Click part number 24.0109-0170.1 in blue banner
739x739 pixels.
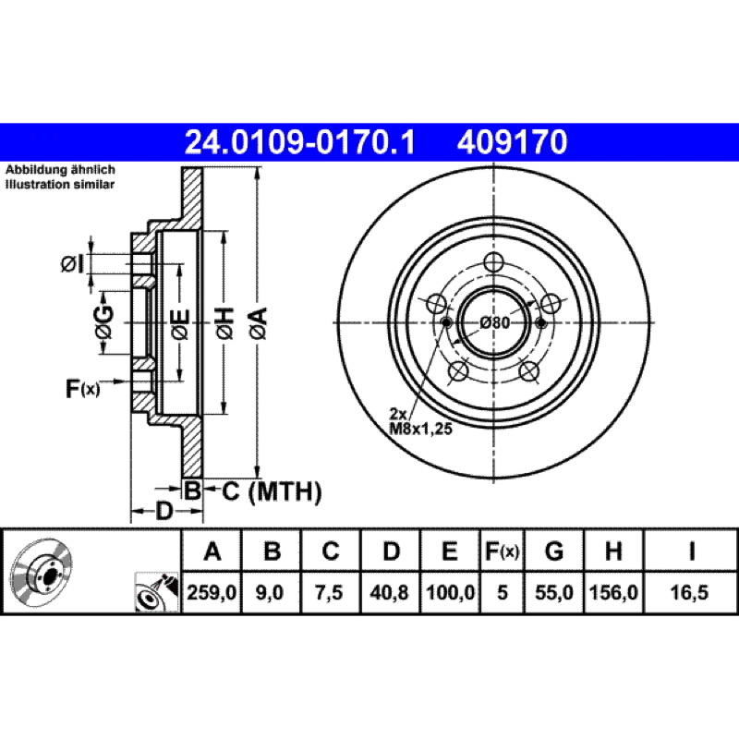[299, 142]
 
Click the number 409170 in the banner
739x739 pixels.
[512, 142]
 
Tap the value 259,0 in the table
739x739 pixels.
[212, 592]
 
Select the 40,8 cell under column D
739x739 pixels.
[389, 592]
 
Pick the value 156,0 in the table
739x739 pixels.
[613, 592]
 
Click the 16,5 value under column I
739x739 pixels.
[689, 592]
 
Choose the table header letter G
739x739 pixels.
[553, 551]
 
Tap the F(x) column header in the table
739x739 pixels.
[502, 551]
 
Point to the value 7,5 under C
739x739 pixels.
[329, 592]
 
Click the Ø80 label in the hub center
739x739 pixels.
[495, 322]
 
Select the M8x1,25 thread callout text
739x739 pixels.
[420, 429]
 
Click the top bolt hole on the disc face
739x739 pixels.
[494, 262]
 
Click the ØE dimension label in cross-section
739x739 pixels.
[180, 324]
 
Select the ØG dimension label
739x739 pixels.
[103, 322]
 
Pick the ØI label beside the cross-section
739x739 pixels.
[73, 264]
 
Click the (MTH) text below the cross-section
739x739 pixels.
[285, 492]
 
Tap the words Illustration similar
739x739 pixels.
[60, 184]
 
